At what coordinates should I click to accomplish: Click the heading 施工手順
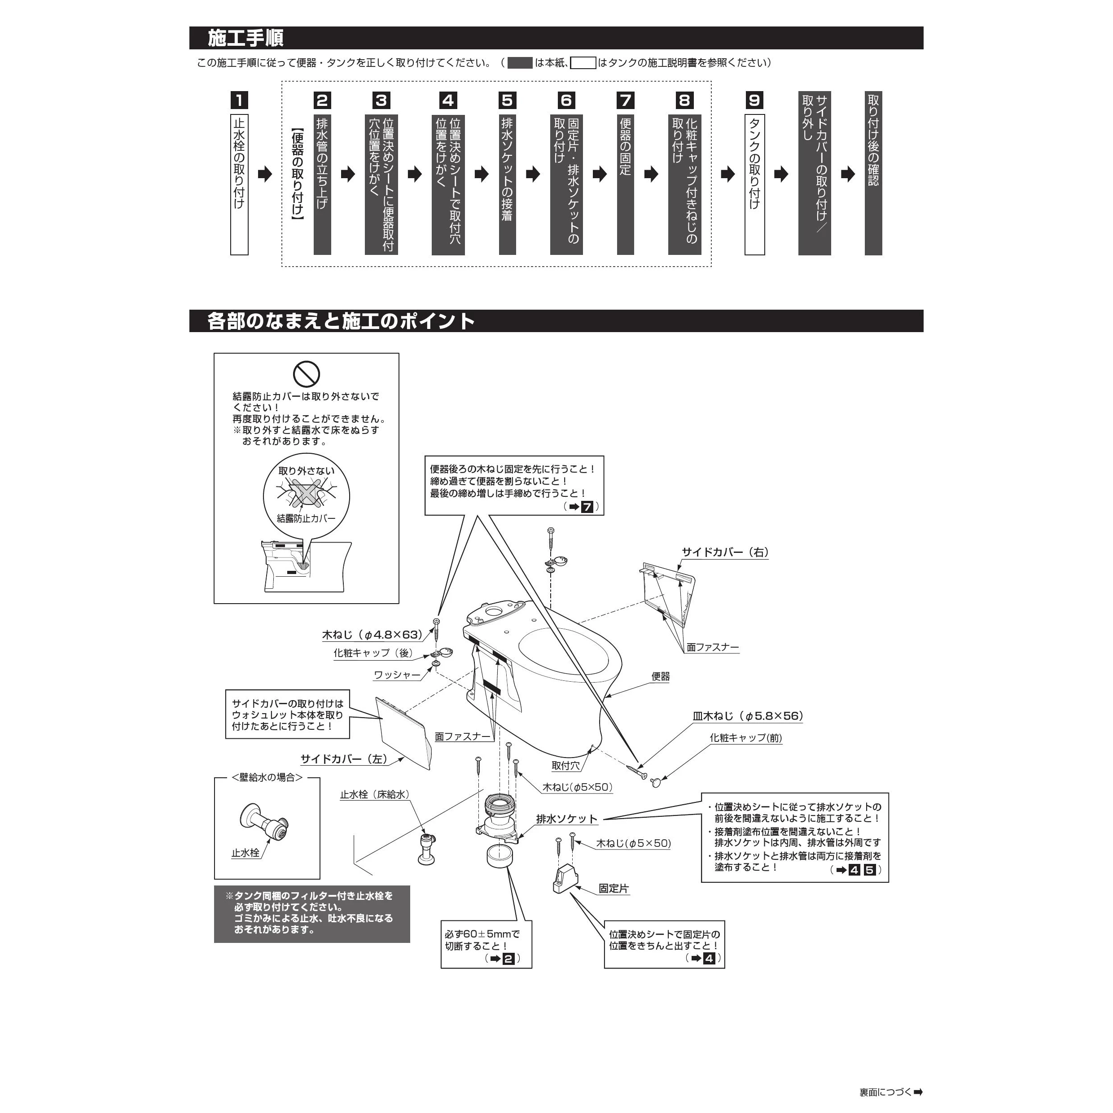[245, 39]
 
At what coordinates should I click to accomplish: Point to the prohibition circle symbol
[306, 373]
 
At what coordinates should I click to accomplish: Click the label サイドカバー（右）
[725, 552]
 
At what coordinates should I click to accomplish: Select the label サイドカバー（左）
[344, 759]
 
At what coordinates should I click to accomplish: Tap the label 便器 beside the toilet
[660, 676]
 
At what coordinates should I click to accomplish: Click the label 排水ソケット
[567, 819]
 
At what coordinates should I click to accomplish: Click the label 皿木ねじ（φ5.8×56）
[748, 716]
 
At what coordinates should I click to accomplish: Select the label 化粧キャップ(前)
[745, 738]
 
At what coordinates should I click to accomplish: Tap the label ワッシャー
[397, 675]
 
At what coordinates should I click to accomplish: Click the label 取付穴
[565, 766]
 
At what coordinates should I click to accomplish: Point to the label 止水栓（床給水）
[374, 794]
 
